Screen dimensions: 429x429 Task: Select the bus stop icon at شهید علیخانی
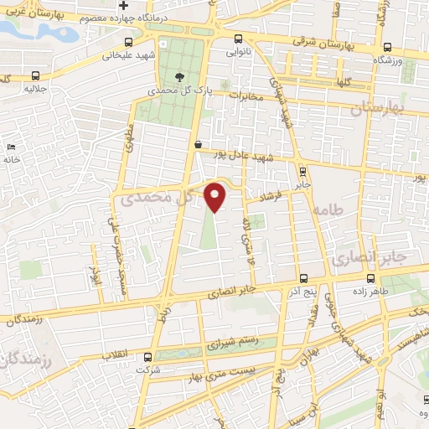[x=127, y=43]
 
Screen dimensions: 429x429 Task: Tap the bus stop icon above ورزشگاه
[x=387, y=48]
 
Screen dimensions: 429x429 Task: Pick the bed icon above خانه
[x=10, y=147]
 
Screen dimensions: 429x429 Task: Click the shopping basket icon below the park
[x=198, y=144]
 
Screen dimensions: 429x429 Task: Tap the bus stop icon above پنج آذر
[x=302, y=280]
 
